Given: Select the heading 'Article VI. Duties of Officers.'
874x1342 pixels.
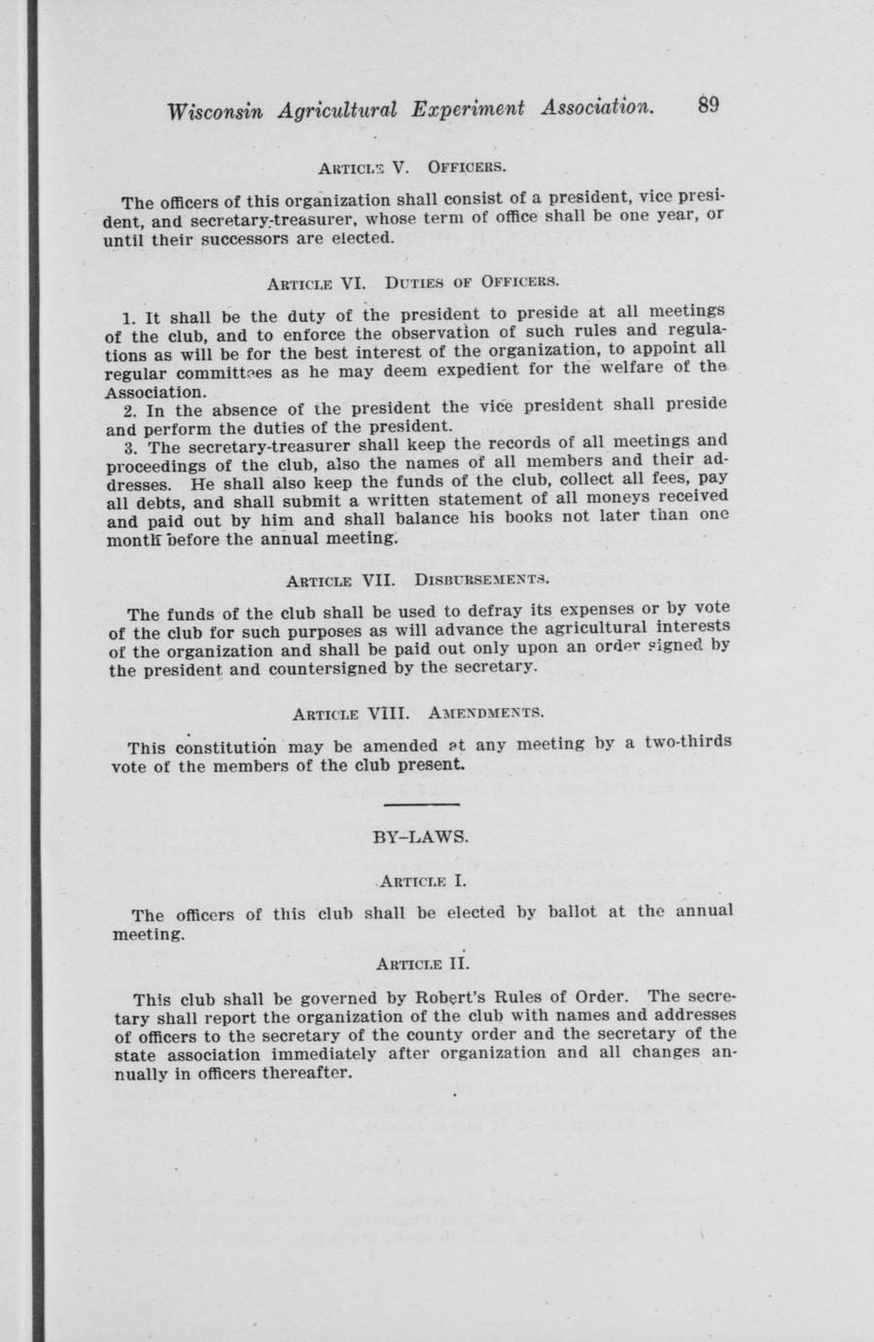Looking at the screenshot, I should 412,283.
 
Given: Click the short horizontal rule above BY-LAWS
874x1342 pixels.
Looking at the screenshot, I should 420,805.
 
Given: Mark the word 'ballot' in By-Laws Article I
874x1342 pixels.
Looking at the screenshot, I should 579,912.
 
